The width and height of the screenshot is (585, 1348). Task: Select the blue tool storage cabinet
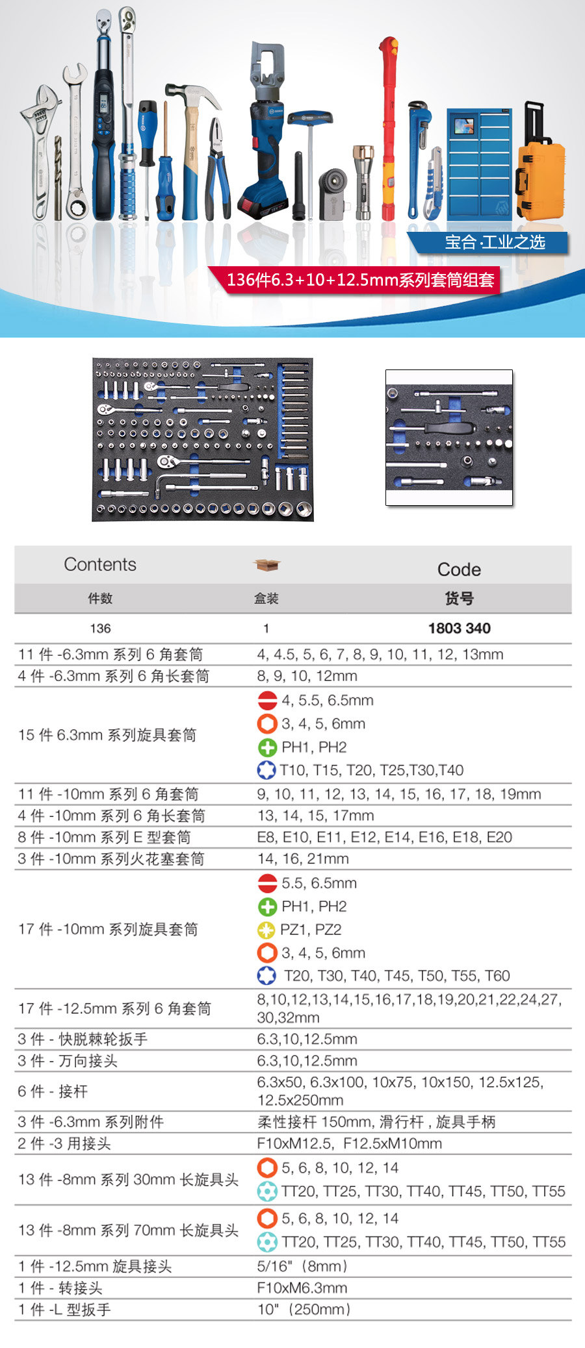(480, 162)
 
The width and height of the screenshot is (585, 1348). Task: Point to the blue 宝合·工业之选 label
(494, 242)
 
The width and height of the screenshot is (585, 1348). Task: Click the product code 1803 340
(459, 628)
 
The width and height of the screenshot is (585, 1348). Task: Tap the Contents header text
(100, 564)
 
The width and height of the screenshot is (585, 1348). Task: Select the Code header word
(459, 569)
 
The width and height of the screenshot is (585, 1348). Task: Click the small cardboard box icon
(266, 565)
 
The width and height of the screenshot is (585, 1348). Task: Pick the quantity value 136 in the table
(100, 629)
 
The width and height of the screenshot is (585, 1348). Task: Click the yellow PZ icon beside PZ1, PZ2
(266, 930)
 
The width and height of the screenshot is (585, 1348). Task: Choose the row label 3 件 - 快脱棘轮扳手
(83, 1039)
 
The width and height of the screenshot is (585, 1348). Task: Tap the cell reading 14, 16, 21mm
(303, 858)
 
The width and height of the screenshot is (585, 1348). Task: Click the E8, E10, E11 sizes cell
(384, 837)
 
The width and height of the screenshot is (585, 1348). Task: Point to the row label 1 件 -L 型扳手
(64, 1310)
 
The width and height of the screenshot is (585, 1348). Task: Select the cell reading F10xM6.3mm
(302, 1288)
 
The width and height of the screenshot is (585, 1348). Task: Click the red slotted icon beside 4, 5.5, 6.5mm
(267, 700)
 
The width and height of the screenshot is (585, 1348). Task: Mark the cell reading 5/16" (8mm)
(303, 1266)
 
